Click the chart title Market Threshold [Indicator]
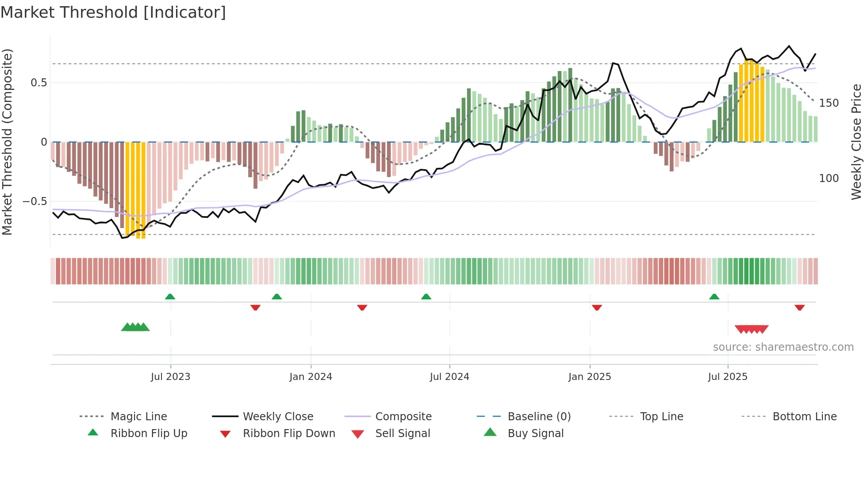[x=113, y=12]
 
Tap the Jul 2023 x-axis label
[x=170, y=377]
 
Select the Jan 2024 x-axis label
[x=311, y=377]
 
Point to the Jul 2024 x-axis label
[x=449, y=377]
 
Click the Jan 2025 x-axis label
[x=590, y=377]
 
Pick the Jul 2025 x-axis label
[x=728, y=377]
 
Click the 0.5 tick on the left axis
[x=39, y=83]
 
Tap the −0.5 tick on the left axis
[x=35, y=201]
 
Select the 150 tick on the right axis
[x=829, y=103]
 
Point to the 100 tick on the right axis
[x=829, y=178]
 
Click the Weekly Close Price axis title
[x=856, y=142]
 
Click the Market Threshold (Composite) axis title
[x=7, y=142]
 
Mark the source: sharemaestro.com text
[x=783, y=347]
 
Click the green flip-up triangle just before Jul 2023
[x=170, y=297]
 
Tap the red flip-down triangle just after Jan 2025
[x=597, y=307]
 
